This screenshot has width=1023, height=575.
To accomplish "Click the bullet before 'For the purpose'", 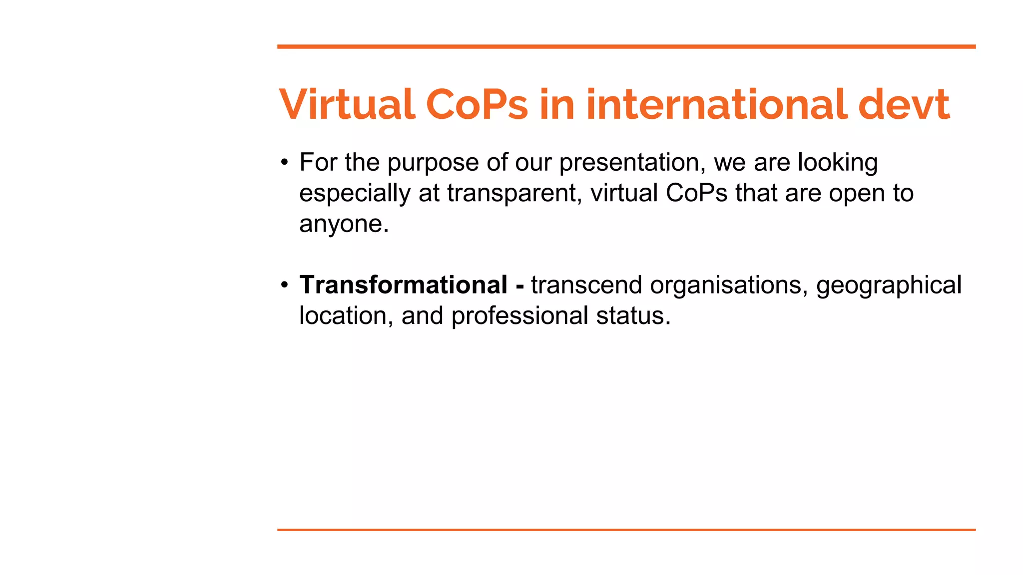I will (284, 162).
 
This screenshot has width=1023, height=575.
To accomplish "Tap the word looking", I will (837, 163).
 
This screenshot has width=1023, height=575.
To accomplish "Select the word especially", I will (354, 194).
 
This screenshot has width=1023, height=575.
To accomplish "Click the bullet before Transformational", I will (284, 285).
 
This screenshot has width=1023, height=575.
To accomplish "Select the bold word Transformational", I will (403, 285).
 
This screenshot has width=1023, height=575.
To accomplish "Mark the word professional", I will (519, 316).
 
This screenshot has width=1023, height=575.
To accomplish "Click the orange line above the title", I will (626, 47).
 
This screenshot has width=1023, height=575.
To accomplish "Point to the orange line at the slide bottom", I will (626, 530).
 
